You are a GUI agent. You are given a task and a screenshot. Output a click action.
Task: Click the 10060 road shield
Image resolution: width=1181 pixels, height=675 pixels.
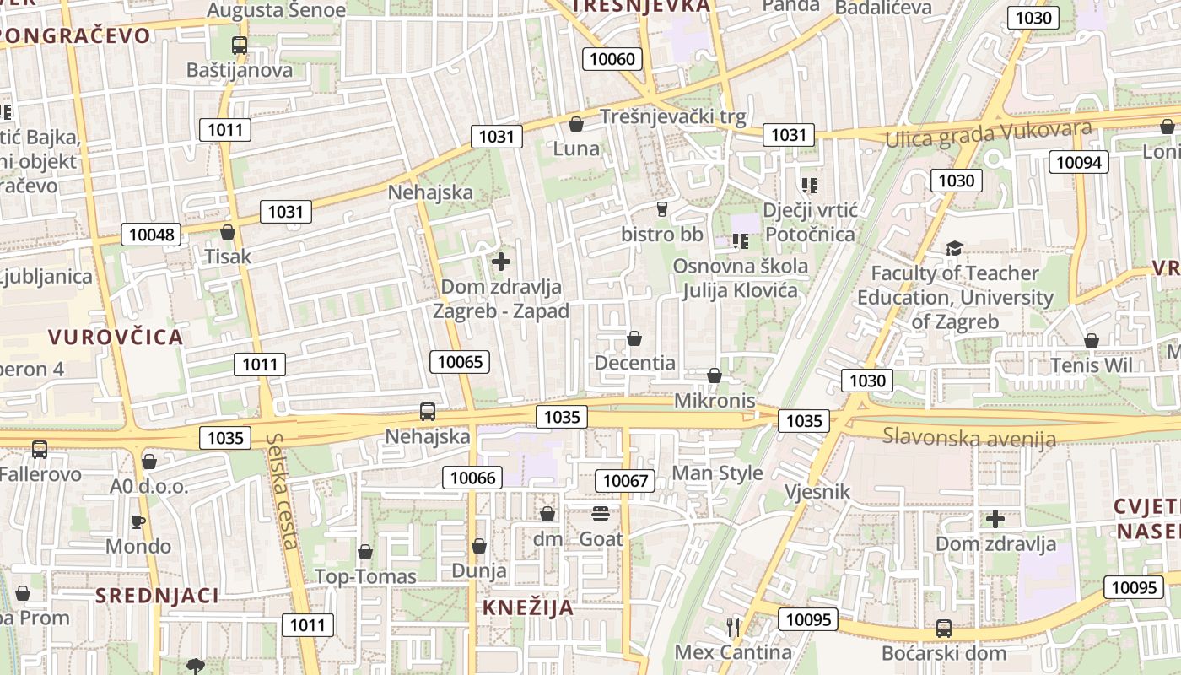tap(612, 58)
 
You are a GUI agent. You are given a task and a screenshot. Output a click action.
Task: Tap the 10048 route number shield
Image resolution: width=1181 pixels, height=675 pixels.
tap(152, 234)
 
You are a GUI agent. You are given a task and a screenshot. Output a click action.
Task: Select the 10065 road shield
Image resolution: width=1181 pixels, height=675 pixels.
tap(461, 362)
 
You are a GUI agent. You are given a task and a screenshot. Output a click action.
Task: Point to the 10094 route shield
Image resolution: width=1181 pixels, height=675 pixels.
tap(1078, 162)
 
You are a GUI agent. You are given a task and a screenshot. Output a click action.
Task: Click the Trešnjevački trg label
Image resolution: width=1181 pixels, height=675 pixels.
tap(672, 117)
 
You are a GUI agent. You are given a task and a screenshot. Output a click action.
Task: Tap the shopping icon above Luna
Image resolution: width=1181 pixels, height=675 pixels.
tap(576, 124)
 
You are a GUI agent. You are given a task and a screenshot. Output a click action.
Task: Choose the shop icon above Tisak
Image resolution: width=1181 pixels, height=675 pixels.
tap(227, 231)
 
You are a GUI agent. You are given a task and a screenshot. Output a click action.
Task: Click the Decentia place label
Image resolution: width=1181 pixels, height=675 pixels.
tap(635, 363)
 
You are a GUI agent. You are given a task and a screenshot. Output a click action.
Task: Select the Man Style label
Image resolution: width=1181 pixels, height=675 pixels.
tap(717, 472)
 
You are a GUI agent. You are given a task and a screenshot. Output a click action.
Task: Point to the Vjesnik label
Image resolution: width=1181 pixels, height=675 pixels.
tap(817, 491)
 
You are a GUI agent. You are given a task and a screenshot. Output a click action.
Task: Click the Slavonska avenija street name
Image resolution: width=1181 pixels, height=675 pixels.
tap(969, 437)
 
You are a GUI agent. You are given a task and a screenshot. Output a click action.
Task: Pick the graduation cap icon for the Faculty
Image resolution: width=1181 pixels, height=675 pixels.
tap(954, 248)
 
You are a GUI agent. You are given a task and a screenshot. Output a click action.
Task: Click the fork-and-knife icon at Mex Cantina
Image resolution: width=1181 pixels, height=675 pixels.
tap(733, 627)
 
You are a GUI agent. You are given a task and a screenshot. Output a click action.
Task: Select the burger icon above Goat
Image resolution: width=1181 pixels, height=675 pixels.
tap(601, 514)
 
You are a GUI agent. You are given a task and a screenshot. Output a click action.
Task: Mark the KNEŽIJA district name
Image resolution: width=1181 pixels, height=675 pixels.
tap(528, 607)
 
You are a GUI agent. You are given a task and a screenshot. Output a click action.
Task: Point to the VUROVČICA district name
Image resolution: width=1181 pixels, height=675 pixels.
tap(116, 337)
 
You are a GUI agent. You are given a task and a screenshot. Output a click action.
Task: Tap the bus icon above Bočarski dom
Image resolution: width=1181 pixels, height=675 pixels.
tap(943, 629)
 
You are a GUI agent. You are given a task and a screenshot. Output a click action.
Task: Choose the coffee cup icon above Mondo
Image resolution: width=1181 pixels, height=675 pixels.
tap(138, 521)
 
